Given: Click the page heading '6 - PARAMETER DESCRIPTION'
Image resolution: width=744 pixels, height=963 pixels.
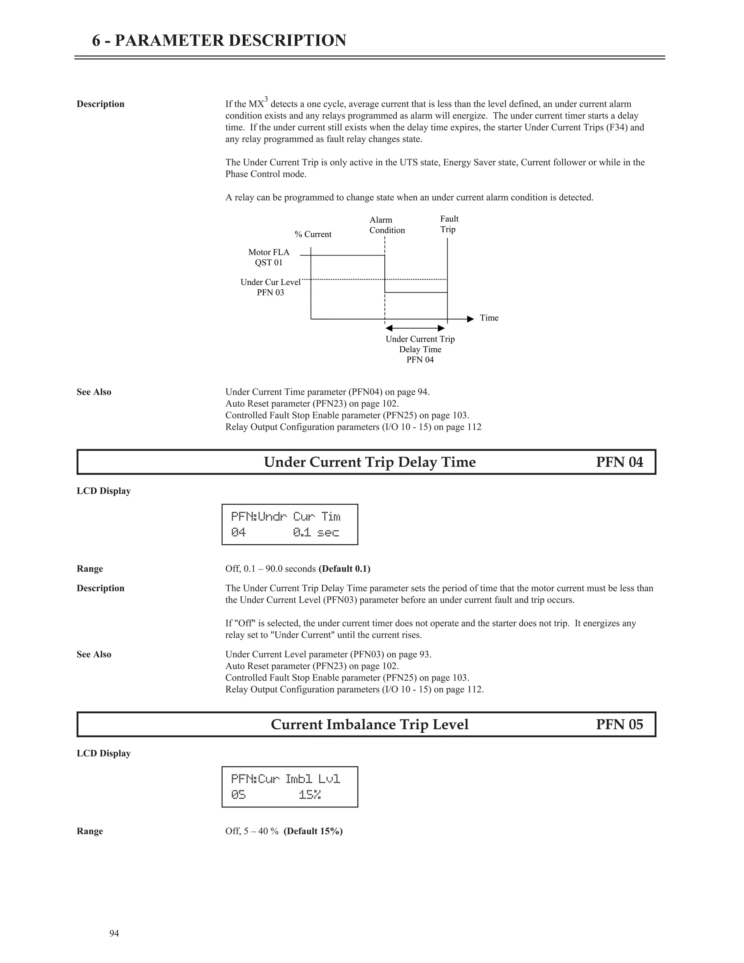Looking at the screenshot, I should coord(219,41).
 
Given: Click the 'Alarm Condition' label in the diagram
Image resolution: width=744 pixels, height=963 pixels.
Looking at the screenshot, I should coord(387,225).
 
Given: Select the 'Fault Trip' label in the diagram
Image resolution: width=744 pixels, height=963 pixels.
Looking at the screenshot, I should coord(449,224).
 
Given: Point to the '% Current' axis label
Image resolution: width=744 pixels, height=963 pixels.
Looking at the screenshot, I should coord(313,234).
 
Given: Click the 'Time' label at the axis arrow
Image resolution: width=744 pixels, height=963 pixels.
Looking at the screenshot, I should coord(489,318).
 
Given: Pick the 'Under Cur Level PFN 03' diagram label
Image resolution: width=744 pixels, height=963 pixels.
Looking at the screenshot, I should coord(270,287).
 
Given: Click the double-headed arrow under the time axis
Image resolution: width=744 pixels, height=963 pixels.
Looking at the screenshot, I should coord(415,328).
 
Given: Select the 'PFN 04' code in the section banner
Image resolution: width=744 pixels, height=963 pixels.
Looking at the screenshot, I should coord(619,462).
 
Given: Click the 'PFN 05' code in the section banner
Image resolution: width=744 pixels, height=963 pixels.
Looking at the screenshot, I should coord(619,725).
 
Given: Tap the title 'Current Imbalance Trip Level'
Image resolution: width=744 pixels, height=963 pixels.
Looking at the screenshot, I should coord(369,725).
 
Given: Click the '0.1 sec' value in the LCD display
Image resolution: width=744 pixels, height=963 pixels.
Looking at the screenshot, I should coord(316,533).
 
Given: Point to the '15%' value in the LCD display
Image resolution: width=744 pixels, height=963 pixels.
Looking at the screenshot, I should coord(310,795).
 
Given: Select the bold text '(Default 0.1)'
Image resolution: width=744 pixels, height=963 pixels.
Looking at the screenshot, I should coord(344,569).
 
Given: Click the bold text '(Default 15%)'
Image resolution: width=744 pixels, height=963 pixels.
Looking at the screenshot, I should coord(313,831).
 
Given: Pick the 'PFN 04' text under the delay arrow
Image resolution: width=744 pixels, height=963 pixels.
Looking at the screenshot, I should coord(420,360).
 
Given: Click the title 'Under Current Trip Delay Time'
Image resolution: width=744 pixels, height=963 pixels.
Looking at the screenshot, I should coord(369,462).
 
